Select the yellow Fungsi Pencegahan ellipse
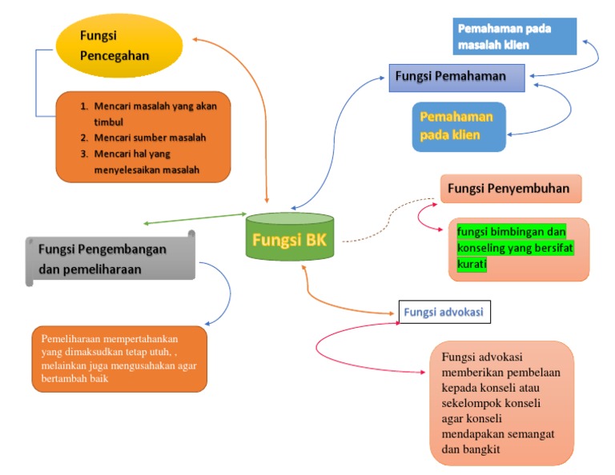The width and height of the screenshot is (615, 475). (119, 46)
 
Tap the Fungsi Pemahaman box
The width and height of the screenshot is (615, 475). (456, 77)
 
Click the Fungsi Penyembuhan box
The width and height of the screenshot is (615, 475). (510, 190)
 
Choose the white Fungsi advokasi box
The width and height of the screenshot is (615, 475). (444, 312)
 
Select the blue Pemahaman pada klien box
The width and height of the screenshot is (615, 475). (459, 126)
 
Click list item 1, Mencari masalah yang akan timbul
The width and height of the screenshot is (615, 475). (152, 114)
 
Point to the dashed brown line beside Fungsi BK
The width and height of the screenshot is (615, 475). (376, 229)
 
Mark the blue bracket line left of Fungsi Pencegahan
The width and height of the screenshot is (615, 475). (35, 83)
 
